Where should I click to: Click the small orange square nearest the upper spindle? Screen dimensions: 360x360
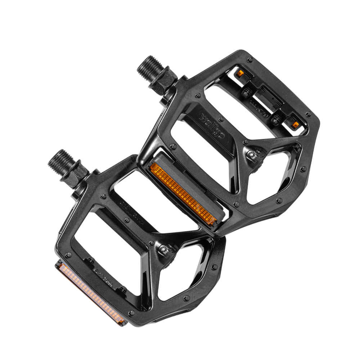point(239,74)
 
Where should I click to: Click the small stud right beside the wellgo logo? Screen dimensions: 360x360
point(197,96)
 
